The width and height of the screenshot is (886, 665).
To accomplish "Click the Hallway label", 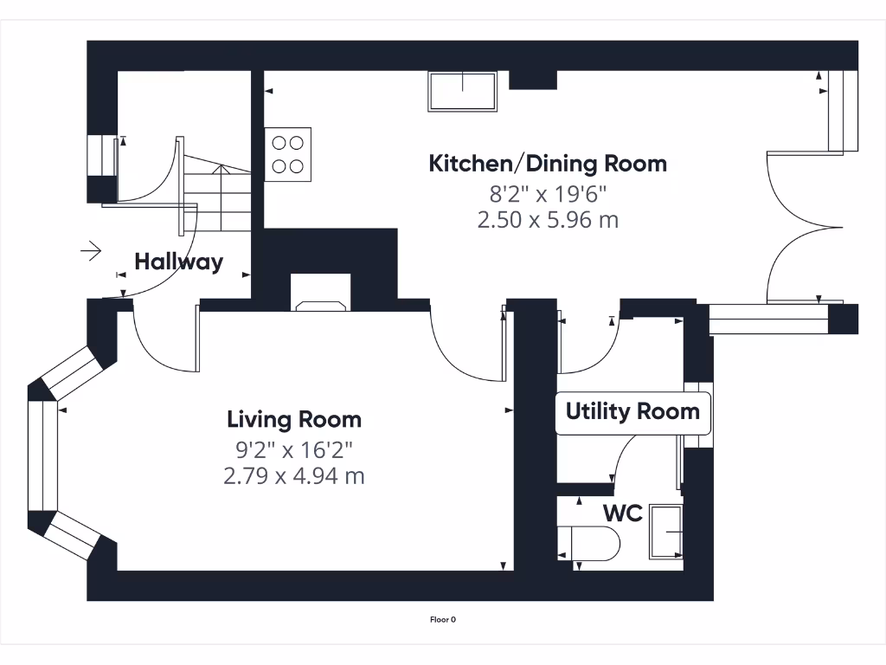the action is point(178,261).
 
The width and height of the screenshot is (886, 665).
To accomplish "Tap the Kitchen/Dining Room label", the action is point(548,164).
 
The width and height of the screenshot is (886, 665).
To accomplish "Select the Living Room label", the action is point(294,420).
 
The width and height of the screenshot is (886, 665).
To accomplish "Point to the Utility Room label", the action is point(632,411).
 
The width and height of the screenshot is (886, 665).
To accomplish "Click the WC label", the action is point(623,513).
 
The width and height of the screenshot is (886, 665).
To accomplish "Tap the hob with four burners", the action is point(287,154).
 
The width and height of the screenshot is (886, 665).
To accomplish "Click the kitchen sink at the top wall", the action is point(462,91).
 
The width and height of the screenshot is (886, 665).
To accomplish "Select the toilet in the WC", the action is point(588,544).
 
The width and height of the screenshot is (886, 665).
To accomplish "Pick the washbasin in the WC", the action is point(665,532).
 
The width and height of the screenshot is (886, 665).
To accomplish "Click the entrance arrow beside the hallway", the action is point(91,250).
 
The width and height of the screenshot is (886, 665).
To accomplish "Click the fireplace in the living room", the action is point(320,292).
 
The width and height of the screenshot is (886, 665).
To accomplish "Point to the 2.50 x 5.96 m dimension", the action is point(548,219).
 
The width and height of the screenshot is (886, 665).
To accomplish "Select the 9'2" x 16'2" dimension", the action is point(294,450).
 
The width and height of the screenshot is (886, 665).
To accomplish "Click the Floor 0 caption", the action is point(443,620).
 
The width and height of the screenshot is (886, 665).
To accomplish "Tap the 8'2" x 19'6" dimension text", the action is point(548,194).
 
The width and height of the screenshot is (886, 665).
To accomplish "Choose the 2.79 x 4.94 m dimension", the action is point(294,476).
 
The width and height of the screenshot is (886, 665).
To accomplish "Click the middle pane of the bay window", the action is point(43,456).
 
